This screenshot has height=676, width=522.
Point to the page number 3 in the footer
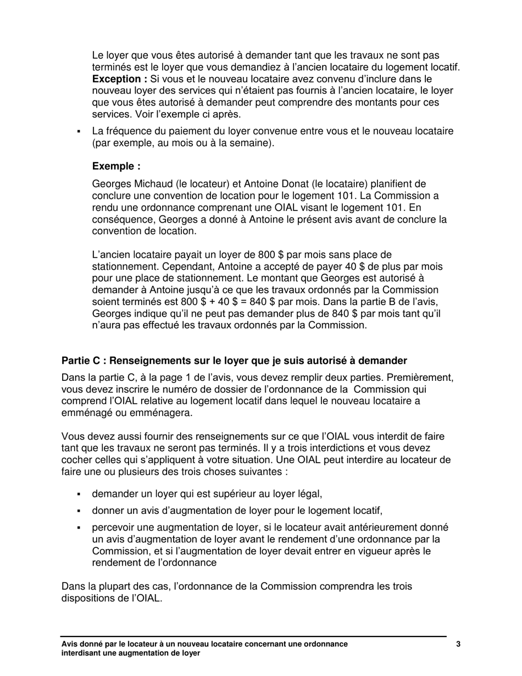458,644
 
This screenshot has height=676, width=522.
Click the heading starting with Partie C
234,361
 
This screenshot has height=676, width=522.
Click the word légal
309,494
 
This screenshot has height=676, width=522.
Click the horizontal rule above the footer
254,636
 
